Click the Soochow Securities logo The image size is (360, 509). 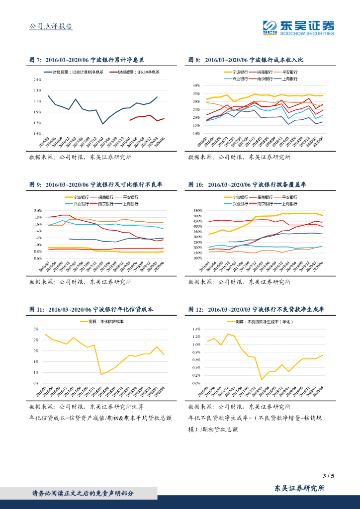coord(298,27)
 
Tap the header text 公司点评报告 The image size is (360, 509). coord(51,26)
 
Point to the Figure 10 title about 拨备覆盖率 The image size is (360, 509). coord(247,184)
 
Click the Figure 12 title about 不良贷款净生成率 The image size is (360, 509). coord(256,309)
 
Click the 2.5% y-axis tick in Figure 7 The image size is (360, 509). coord(37,80)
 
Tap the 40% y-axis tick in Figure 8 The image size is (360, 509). coord(195,85)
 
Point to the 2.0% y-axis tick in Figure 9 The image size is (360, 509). coord(37,211)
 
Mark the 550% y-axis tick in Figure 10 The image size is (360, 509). coord(194,211)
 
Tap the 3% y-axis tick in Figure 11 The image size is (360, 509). coord(36,329)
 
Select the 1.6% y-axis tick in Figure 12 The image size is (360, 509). coord(195,329)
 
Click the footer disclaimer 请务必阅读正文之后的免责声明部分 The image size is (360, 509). coord(83,494)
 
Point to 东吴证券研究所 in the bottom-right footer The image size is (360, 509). coord(300,489)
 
